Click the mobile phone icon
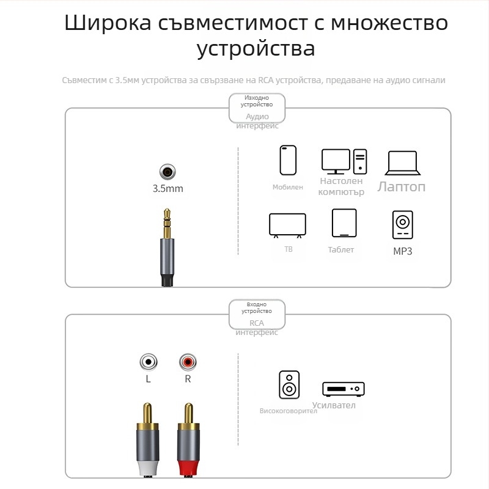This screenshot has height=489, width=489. tap(288, 160)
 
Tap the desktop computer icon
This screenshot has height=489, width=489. tap(344, 161)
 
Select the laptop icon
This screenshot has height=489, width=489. tap(402, 163)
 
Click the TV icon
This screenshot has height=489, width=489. tap(287, 225)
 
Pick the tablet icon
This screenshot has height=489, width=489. tap(344, 223)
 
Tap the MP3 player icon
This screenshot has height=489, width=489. tap(402, 224)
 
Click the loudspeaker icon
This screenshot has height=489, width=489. tap(289, 385)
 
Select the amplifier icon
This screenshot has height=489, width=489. tap(344, 388)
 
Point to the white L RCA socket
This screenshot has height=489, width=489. tap(148, 363)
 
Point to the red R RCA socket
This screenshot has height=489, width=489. tap(188, 363)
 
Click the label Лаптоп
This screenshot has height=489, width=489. tap(401, 186)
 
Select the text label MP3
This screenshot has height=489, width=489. tap(402, 251)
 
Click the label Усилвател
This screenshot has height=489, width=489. tap(334, 405)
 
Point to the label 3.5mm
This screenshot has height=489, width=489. tap(167, 188)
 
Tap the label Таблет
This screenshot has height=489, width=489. tap(341, 249)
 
